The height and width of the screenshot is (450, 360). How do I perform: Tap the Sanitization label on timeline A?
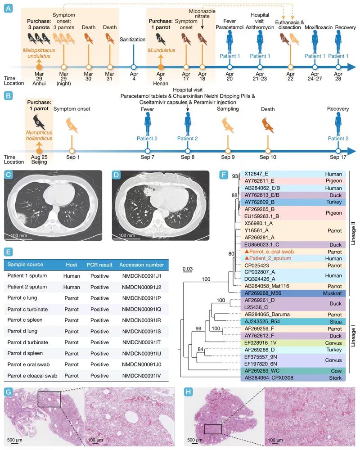pyautogui.click(x=133, y=40)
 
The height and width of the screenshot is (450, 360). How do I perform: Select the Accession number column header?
pyautogui.click(x=142, y=264)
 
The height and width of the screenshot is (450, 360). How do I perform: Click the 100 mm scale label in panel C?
pyautogui.click(x=18, y=235)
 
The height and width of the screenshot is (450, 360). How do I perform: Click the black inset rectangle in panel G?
pyautogui.click(x=49, y=399)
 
